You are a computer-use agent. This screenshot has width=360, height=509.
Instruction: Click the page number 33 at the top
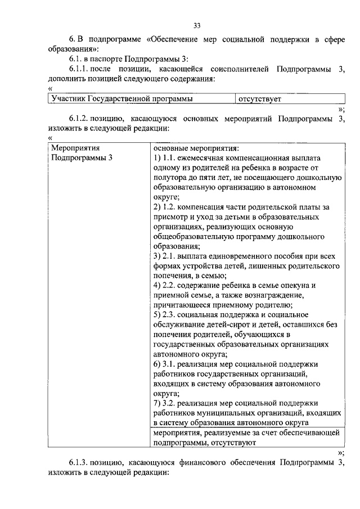point(196,25)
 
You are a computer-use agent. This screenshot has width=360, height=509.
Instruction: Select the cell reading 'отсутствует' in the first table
point(259,99)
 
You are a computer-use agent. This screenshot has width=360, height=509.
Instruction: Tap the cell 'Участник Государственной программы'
point(121,99)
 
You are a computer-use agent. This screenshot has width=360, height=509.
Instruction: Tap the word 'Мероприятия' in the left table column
point(75,148)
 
